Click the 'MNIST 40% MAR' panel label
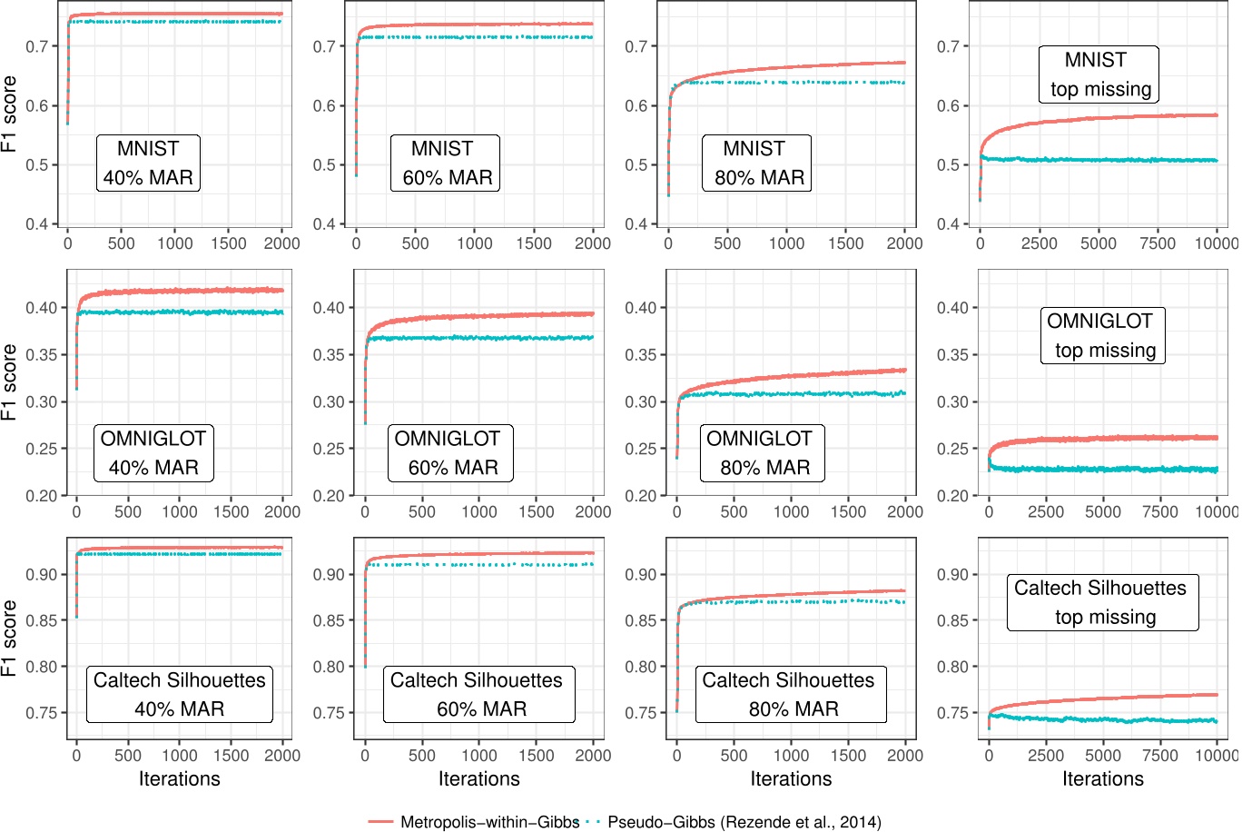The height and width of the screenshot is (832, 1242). (148, 163)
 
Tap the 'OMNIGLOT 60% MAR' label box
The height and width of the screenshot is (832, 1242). (448, 453)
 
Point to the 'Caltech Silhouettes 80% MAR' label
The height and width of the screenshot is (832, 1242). (790, 695)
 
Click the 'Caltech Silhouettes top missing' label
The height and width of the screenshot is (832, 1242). (1101, 602)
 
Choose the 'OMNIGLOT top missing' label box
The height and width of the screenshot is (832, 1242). (1101, 336)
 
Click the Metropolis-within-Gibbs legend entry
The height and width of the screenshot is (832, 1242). (473, 822)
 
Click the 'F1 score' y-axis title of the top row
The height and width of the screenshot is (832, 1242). (10, 114)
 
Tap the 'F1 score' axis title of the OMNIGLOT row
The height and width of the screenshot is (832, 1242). (10, 381)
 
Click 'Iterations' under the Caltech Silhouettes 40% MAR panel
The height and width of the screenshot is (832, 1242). (179, 779)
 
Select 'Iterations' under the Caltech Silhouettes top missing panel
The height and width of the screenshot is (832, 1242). (1102, 779)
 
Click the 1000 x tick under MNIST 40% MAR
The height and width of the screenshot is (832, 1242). (174, 243)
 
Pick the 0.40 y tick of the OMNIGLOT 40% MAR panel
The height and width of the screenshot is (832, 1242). (44, 308)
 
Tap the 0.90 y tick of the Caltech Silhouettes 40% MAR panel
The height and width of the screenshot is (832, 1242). (44, 575)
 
